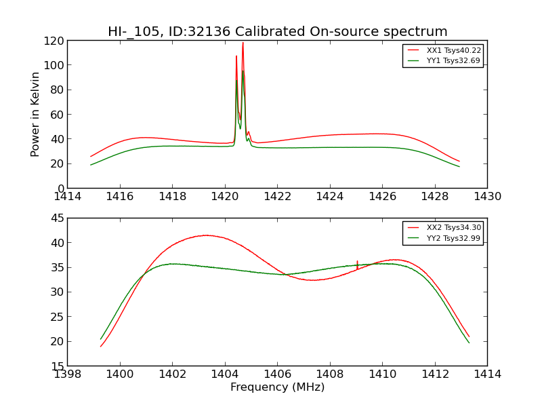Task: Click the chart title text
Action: coord(277,32)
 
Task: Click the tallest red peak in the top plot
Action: coord(243,43)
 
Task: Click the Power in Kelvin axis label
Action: coord(36,114)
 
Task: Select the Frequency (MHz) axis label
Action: coord(277,387)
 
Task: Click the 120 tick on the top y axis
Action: coord(54,41)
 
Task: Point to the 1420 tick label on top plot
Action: coord(225,197)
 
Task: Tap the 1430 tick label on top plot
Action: coord(487,197)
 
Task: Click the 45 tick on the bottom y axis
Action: coord(57,218)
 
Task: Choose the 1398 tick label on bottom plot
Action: coord(68,374)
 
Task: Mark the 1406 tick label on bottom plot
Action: coord(277,374)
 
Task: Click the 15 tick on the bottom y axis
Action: coord(57,366)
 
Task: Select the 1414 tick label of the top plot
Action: coord(68,197)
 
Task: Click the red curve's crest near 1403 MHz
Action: coord(206,235)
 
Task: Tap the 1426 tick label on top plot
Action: coord(382,197)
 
